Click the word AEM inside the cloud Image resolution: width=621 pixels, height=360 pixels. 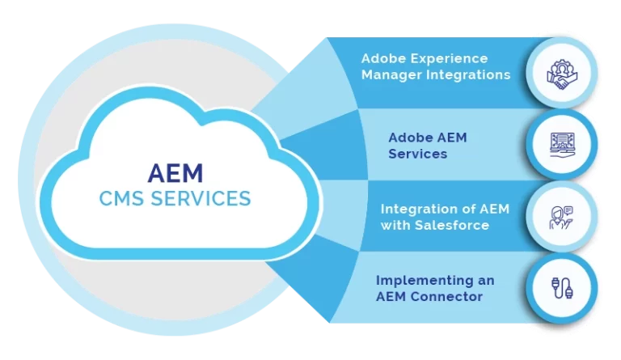(175, 173)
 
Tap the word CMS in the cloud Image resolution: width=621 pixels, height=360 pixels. (121, 198)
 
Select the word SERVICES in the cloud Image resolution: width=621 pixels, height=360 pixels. (201, 198)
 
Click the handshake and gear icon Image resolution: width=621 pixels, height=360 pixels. (562, 74)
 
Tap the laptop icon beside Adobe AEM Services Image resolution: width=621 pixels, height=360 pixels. (563, 145)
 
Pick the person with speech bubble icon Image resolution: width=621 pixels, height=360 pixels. (562, 217)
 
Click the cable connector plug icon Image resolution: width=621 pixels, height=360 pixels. (563, 288)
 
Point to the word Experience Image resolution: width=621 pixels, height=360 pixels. (449, 59)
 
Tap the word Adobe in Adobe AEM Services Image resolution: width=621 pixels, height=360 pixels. (408, 138)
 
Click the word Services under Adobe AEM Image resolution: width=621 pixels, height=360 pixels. (418, 154)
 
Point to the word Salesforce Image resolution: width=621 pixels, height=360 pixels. (452, 226)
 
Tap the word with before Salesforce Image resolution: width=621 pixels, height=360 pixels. (395, 226)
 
